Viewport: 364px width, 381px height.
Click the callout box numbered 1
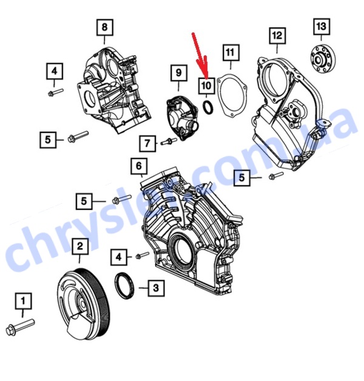tap(23, 301)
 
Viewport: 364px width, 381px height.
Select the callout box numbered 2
tap(80, 246)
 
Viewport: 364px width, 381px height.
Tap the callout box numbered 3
tap(156, 288)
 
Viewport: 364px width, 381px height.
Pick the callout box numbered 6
tap(139, 166)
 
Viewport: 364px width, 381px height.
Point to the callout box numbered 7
tap(147, 143)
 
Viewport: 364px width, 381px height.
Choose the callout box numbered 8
tap(105, 27)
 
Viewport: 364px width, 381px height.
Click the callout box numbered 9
tap(179, 73)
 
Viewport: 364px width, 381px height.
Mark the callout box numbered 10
tap(206, 86)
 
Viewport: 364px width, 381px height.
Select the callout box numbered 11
tap(231, 53)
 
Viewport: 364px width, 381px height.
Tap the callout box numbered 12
tap(277, 36)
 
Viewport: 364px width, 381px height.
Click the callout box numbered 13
tap(322, 26)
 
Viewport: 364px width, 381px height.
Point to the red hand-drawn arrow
tap(200, 56)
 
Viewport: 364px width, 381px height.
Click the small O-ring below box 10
tap(208, 107)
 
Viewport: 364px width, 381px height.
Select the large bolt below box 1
tap(20, 327)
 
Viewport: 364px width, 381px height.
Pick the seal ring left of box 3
tap(124, 286)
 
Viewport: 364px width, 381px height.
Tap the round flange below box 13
tap(323, 59)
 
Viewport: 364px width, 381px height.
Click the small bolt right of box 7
tap(169, 141)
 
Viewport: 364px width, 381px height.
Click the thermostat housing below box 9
tap(182, 118)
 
